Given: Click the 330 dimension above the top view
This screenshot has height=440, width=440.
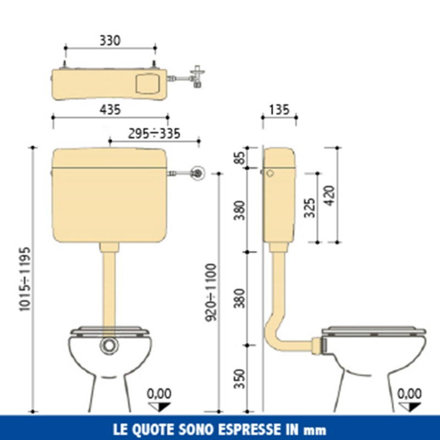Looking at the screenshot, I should click(x=110, y=40).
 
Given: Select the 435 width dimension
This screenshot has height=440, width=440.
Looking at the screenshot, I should click(x=110, y=109).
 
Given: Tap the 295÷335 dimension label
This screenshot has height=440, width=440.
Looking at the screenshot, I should click(x=154, y=134).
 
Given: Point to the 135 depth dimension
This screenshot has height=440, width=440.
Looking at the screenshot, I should click(x=279, y=109).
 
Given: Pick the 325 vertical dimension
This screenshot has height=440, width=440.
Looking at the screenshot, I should click(x=310, y=207).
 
